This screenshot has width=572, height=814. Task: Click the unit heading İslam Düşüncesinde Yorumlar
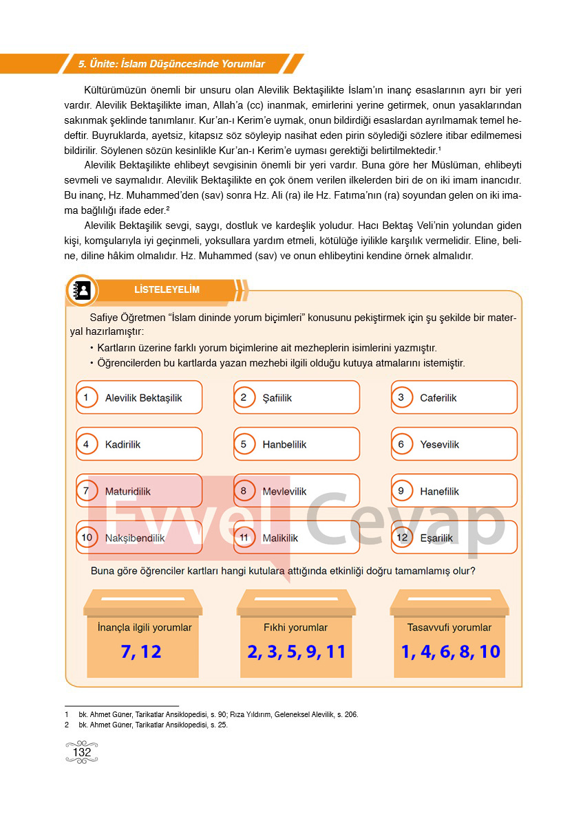[x=171, y=64]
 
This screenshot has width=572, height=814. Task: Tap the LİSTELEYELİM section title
[x=167, y=289]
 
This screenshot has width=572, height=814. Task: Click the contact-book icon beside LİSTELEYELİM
[x=83, y=290]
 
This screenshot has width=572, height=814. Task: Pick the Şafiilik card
[x=296, y=398]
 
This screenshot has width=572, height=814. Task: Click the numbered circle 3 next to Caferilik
[x=401, y=397]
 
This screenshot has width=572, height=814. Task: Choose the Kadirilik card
[x=138, y=445]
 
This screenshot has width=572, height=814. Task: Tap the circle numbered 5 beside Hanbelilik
[x=244, y=444]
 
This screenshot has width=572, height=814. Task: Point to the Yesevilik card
[x=454, y=445]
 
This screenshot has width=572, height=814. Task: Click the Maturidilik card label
[x=128, y=492]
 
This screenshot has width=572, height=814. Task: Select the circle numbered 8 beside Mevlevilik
[x=244, y=491]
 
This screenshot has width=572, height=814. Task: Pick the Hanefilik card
[x=454, y=492]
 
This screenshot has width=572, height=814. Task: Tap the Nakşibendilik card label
[x=135, y=538]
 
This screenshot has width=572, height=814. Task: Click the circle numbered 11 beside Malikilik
[x=244, y=538]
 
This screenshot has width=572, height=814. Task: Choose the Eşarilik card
[x=454, y=538]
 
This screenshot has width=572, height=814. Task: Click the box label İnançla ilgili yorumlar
[x=145, y=627]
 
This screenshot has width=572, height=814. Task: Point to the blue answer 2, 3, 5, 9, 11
[x=296, y=652]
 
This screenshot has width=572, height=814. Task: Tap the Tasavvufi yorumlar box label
[x=449, y=627]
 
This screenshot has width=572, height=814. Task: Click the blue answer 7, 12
[x=141, y=652]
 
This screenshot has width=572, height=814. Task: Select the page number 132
[x=81, y=752]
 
